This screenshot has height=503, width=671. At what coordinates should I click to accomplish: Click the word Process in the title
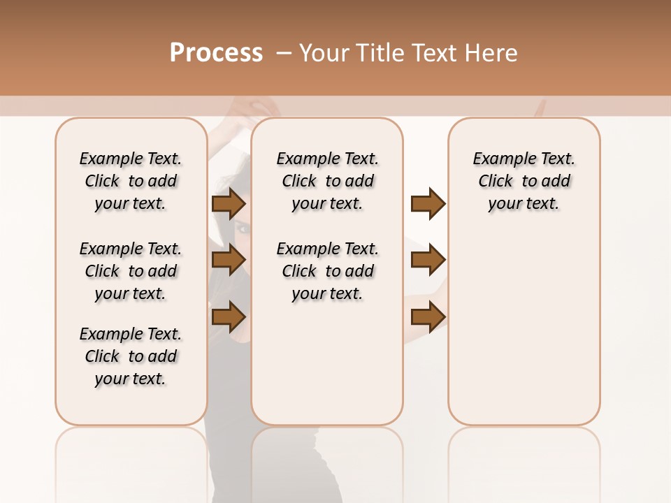click(x=216, y=53)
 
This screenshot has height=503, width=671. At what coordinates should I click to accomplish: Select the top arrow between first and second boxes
click(x=229, y=204)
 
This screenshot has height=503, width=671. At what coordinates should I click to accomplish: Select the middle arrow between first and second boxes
click(x=229, y=260)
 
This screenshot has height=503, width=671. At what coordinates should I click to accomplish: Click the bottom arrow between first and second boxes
click(x=229, y=316)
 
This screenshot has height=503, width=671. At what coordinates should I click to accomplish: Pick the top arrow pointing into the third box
click(x=428, y=204)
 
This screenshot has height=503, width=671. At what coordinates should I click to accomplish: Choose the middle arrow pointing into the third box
click(x=428, y=260)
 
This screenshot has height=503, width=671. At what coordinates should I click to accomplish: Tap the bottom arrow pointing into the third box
click(x=428, y=316)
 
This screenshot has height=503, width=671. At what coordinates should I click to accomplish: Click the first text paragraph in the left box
click(x=131, y=181)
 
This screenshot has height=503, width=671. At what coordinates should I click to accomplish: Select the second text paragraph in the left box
click(x=131, y=271)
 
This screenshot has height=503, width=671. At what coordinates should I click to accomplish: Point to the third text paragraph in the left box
click(x=131, y=356)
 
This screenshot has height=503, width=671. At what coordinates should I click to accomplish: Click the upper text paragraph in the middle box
click(x=327, y=181)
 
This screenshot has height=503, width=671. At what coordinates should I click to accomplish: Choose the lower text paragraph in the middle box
click(x=327, y=271)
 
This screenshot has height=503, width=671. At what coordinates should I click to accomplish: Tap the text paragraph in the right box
click(x=524, y=181)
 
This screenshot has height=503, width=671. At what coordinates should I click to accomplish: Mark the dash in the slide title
click(x=284, y=53)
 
